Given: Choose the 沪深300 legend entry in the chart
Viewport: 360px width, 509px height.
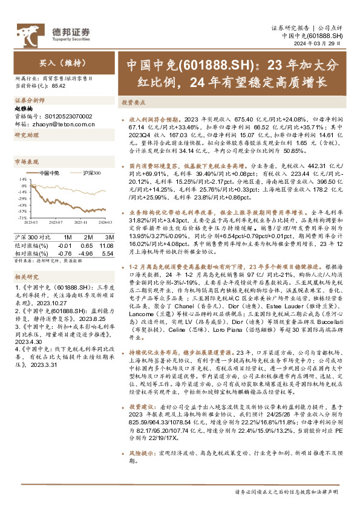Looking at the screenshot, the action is pyautogui.click(x=90, y=173).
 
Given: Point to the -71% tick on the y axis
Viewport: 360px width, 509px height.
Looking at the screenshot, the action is pyautogui.click(x=22, y=217).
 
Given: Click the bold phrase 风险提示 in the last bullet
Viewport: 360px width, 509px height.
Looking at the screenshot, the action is pyautogui.click(x=139, y=451).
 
